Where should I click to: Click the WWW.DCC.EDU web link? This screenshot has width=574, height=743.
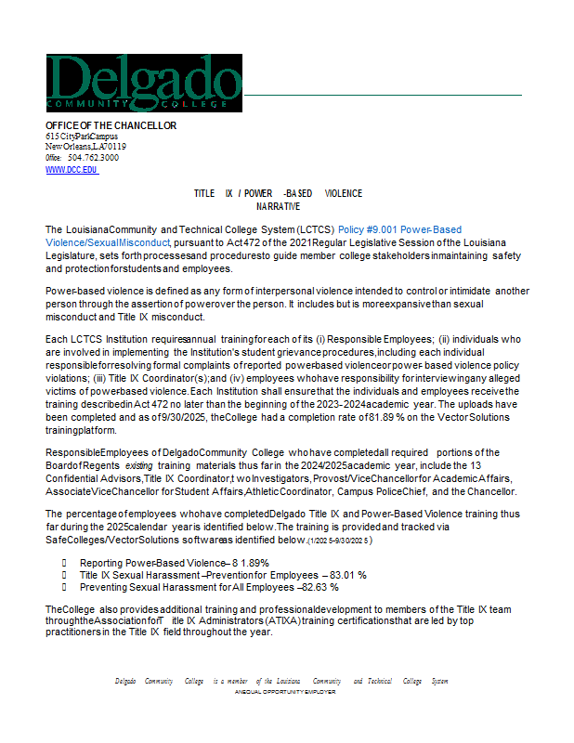click(x=72, y=170)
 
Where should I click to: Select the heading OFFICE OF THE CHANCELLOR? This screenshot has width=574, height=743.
click(x=111, y=125)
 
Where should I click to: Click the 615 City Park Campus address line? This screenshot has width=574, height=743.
click(x=82, y=137)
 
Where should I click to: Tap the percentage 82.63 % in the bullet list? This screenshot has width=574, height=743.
click(x=318, y=587)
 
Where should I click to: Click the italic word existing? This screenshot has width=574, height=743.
click(x=116, y=466)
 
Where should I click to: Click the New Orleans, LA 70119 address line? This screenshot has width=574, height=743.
click(x=86, y=147)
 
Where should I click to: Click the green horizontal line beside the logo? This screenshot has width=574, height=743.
click(x=381, y=95)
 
